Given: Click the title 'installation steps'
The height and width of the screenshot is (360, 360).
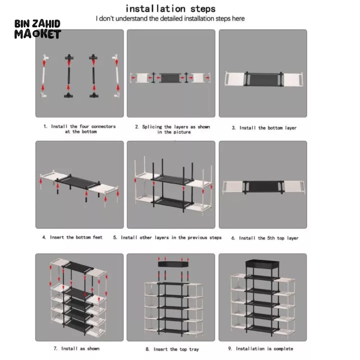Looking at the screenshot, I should (x=170, y=8).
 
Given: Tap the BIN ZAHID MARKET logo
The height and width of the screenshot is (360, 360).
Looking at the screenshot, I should (x=37, y=29).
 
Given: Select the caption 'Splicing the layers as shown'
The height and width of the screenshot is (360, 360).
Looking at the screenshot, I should (x=172, y=129).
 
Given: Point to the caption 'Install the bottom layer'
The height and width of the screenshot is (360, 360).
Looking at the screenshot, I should (x=264, y=128).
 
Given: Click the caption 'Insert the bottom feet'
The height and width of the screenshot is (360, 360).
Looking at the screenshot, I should (x=72, y=237).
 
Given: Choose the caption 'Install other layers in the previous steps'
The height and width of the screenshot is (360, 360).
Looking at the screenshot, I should (x=167, y=238).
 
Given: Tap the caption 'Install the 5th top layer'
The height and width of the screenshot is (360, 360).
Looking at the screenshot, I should (x=265, y=238).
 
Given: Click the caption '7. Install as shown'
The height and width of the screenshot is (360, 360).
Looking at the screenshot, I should (x=77, y=348).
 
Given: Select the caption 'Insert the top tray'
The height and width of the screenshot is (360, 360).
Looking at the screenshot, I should (x=172, y=349).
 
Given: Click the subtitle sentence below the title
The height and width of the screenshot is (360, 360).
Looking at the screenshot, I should (x=170, y=18).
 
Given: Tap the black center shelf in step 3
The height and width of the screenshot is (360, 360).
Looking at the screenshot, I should (x=263, y=79).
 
